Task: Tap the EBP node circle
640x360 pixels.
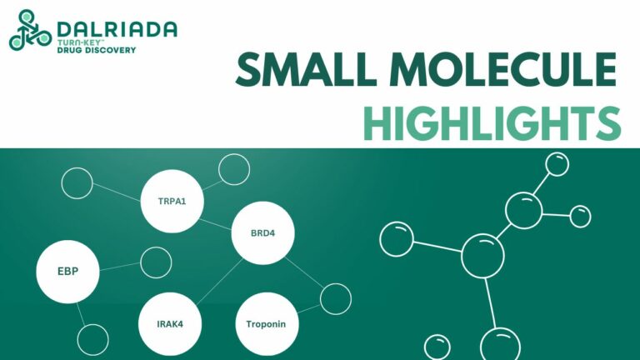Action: pyautogui.click(x=67, y=270)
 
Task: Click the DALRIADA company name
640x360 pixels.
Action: pyautogui.click(x=117, y=29)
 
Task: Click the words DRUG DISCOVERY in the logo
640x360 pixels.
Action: pyautogui.click(x=97, y=50)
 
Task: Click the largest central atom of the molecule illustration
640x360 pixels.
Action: pyautogui.click(x=482, y=256)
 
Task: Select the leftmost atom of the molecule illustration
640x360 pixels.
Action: pyautogui.click(x=397, y=239)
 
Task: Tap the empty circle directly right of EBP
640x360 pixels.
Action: pyautogui.click(x=155, y=262)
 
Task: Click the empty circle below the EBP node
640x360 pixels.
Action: pyautogui.click(x=92, y=339)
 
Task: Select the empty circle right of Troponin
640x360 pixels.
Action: pyautogui.click(x=336, y=298)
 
